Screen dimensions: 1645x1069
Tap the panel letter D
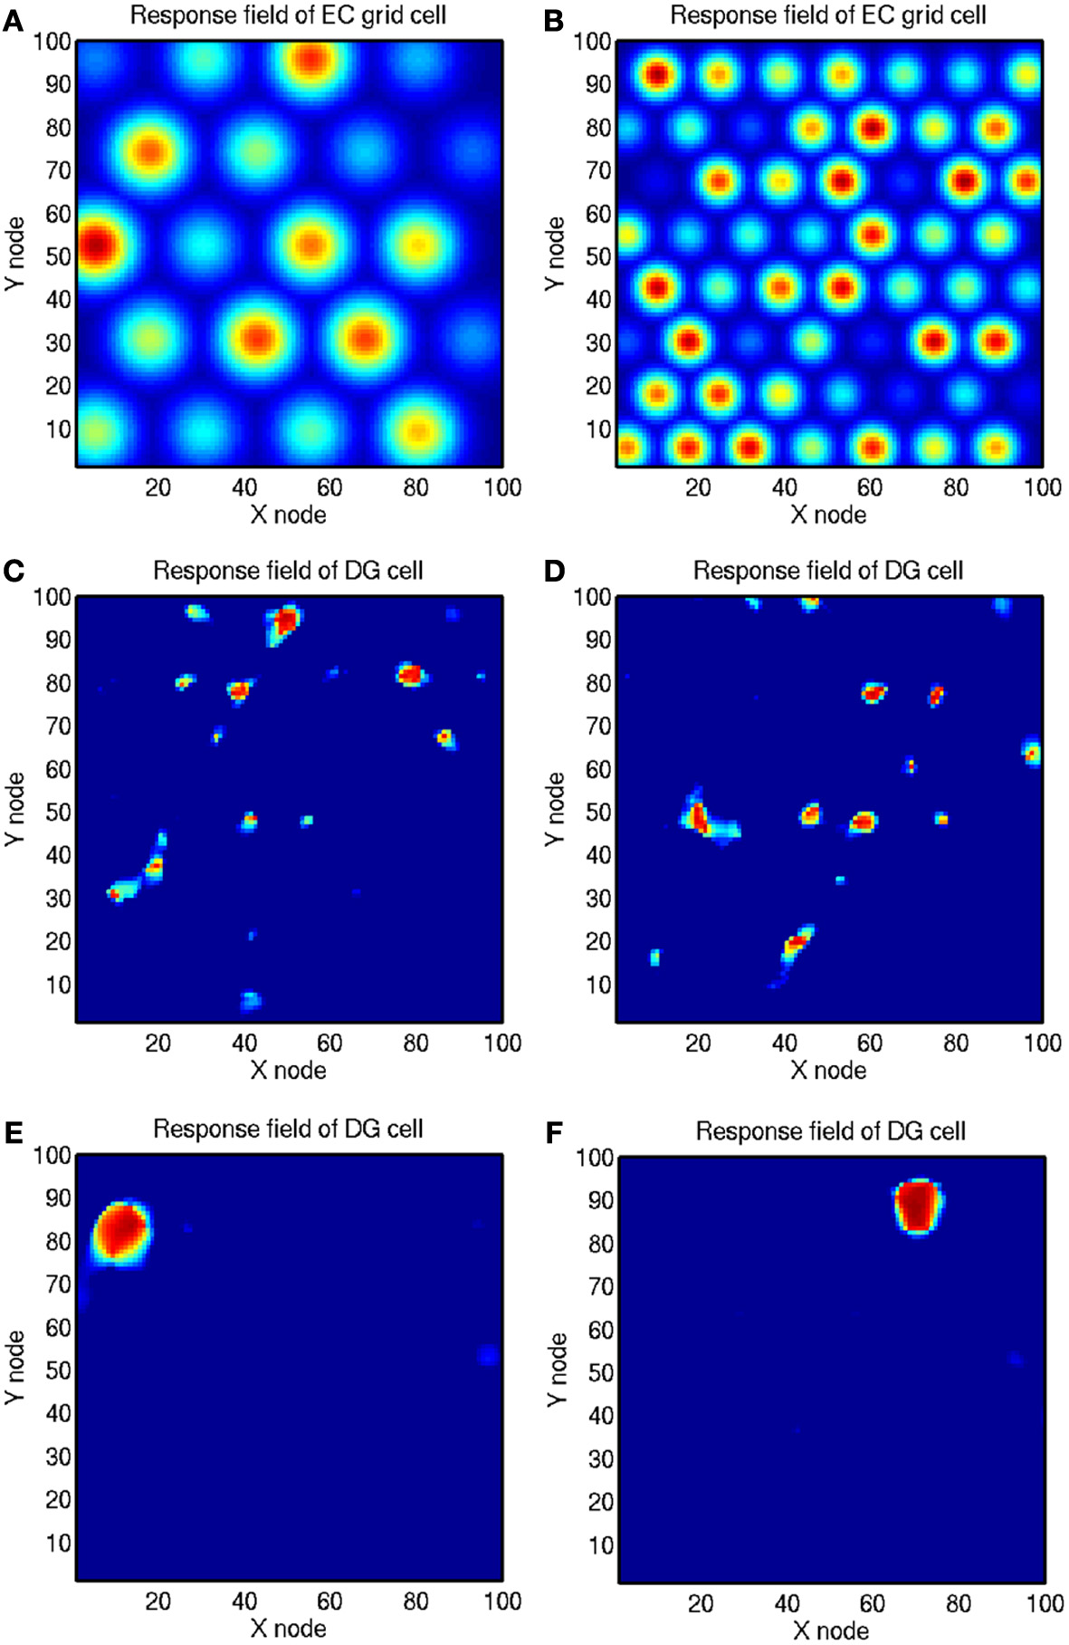click(554, 571)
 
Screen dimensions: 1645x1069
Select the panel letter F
click(555, 1132)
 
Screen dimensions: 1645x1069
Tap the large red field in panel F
click(918, 1206)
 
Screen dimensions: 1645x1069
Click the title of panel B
click(827, 15)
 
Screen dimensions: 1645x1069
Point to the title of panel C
click(288, 571)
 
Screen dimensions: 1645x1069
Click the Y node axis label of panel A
click(14, 254)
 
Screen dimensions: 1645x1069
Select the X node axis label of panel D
click(828, 1071)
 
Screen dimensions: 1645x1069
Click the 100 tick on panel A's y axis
click(52, 42)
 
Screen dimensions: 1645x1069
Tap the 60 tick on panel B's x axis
click(870, 487)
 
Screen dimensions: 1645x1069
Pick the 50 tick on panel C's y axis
click(58, 813)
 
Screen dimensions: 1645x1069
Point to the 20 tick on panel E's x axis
click(157, 1602)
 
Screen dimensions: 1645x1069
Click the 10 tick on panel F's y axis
click(601, 1545)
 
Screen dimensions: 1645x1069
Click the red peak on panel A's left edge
click(94, 245)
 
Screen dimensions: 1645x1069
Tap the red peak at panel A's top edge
click(310, 60)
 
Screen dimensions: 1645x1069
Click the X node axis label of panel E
click(288, 1628)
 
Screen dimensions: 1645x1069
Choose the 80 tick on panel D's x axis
click(956, 1043)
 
